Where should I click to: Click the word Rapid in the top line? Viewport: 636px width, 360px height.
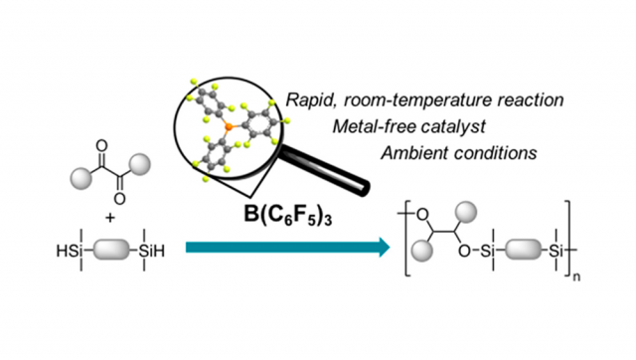pos(309,99)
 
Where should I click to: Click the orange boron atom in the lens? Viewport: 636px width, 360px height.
pos(231,127)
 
